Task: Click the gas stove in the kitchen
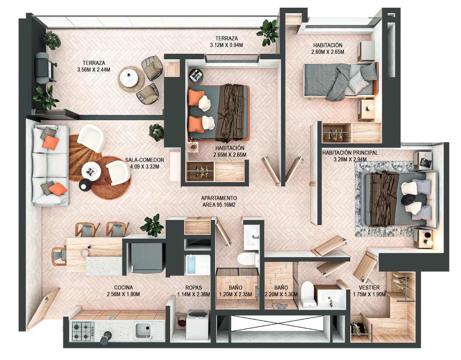[x=83, y=331]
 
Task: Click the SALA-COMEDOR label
[x=144, y=160]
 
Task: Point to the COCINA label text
[x=123, y=287]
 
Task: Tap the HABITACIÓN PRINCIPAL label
[x=350, y=153]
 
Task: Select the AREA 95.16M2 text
[x=219, y=205]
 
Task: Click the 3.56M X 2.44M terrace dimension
[x=94, y=70]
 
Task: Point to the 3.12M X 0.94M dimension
[x=226, y=45]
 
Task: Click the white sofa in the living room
[x=50, y=165]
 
